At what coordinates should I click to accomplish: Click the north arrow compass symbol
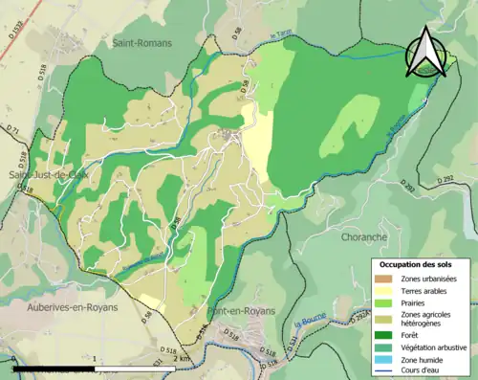pyautogui.click(x=428, y=52)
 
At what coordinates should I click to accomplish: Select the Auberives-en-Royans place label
pyautogui.click(x=58, y=311)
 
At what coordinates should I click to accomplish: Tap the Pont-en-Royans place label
pyautogui.click(x=241, y=311)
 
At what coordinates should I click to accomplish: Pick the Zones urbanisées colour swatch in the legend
pyautogui.click(x=384, y=279)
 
